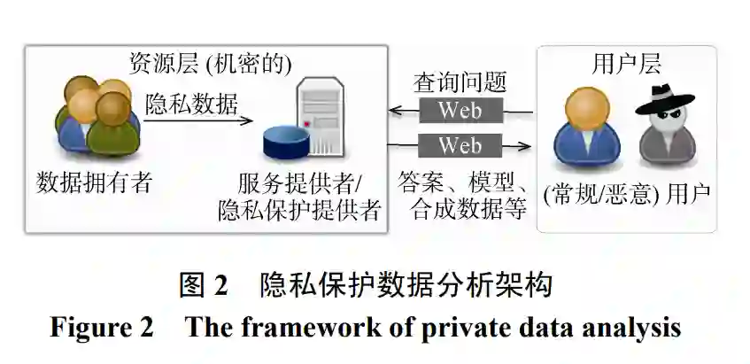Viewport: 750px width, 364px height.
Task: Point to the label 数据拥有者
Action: point(95,182)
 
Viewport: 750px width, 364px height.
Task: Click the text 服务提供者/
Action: point(298,183)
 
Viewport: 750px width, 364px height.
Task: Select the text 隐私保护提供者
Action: point(298,210)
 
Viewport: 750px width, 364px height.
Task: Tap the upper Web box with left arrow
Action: point(460,111)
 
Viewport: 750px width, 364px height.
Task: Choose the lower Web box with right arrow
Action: point(460,144)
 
